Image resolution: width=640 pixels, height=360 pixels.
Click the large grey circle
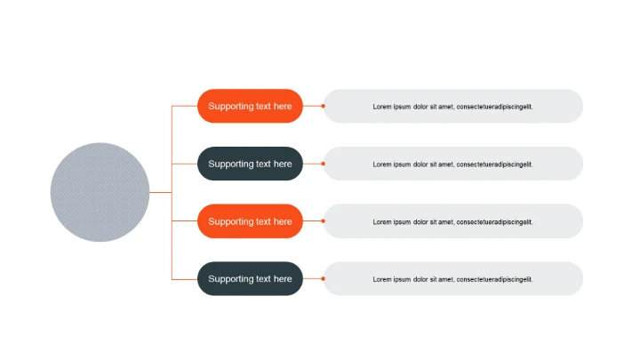(x=100, y=192)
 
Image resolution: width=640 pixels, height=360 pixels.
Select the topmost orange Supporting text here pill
(x=250, y=106)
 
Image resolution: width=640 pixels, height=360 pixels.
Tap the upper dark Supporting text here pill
(x=250, y=164)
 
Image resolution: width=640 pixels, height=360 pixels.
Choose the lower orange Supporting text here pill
(x=250, y=221)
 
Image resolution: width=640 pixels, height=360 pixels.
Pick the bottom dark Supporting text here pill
(x=250, y=278)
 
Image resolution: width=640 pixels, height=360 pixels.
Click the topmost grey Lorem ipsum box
(x=453, y=106)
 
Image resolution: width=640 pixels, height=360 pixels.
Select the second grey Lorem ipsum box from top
(x=453, y=164)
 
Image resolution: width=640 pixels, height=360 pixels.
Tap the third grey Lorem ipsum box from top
(x=453, y=221)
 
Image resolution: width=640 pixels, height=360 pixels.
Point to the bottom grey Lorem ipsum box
(x=453, y=278)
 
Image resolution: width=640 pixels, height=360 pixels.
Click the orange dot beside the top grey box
(x=324, y=106)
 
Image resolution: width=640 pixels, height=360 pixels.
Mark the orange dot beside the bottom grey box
(x=324, y=278)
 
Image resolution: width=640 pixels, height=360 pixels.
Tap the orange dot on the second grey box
(x=324, y=164)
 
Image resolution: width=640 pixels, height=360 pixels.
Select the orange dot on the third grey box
(x=324, y=221)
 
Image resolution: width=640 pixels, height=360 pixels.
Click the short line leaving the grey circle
(x=161, y=192)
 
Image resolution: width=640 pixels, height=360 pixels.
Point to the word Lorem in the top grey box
(x=381, y=107)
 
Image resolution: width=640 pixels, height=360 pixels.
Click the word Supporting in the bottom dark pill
(x=230, y=279)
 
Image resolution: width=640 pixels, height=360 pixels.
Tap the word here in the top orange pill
(x=283, y=107)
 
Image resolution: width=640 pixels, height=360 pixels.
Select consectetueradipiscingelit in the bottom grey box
(x=494, y=279)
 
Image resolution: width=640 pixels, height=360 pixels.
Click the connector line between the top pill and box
(x=313, y=106)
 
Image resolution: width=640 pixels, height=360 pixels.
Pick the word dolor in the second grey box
(x=420, y=164)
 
